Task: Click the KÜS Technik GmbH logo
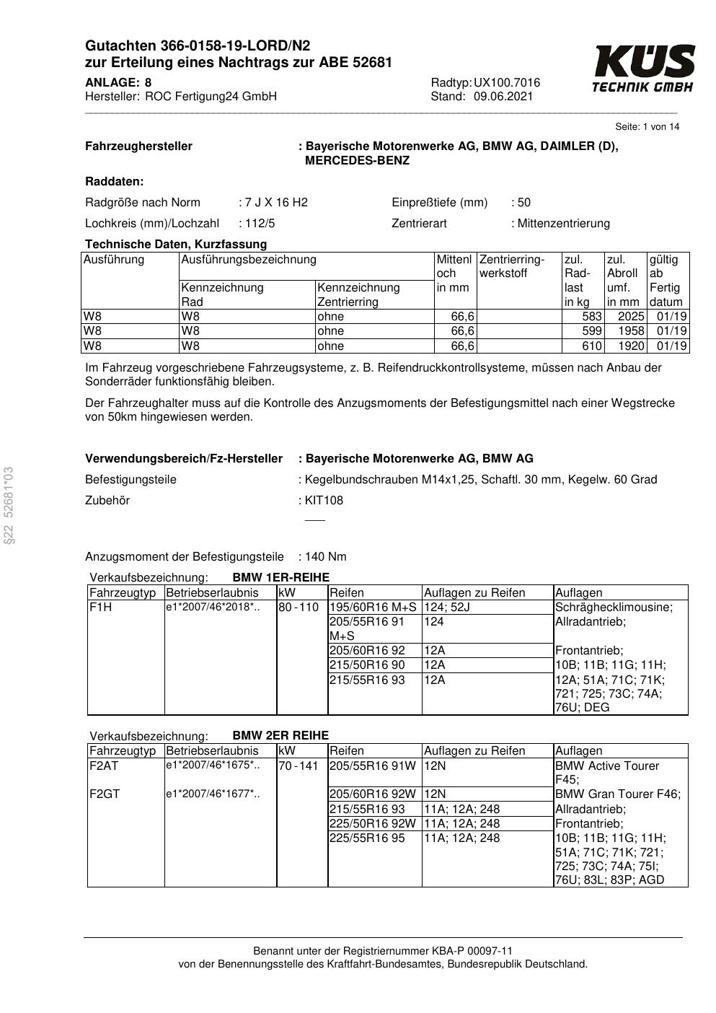pyautogui.click(x=643, y=69)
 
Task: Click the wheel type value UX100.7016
pyautogui.click(x=506, y=83)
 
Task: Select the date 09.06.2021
pyautogui.click(x=503, y=97)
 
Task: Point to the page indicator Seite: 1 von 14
pyautogui.click(x=647, y=127)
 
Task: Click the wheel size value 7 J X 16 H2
pyautogui.click(x=276, y=203)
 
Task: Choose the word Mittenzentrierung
pyautogui.click(x=563, y=224)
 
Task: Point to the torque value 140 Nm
pyautogui.click(x=326, y=557)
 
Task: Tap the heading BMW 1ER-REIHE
pyautogui.click(x=280, y=578)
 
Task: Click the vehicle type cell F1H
pyautogui.click(x=100, y=608)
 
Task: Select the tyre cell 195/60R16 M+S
pyautogui.click(x=373, y=608)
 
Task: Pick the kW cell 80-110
pyautogui.click(x=299, y=608)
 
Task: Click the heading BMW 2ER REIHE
pyautogui.click(x=280, y=736)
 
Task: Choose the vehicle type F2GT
pyautogui.click(x=105, y=794)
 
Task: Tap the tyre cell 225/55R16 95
pyautogui.click(x=367, y=838)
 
